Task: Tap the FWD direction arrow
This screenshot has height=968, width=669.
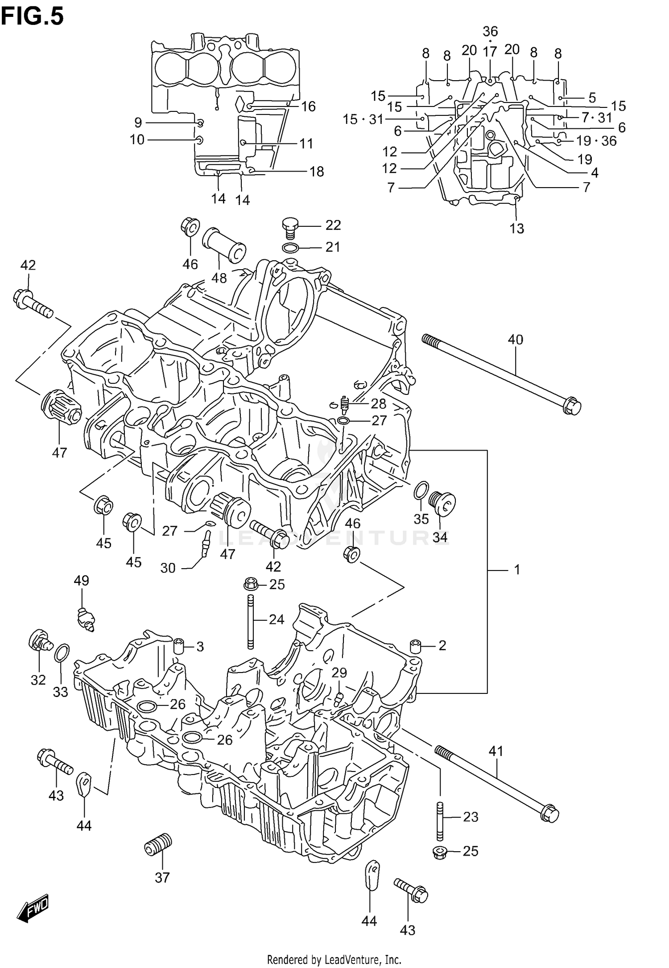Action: pos(33,908)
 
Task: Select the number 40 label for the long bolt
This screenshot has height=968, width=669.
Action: pos(515,340)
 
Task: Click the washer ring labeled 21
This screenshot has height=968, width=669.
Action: pos(290,248)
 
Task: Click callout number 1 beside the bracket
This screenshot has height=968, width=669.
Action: pos(517,569)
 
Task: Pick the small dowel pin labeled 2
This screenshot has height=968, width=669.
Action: pos(416,646)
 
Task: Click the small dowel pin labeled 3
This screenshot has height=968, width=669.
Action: pos(179,646)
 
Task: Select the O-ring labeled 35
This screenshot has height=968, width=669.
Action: pos(421,491)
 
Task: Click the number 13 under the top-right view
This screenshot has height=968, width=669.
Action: pos(517,229)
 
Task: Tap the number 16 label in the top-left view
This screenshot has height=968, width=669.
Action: pos(308,107)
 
